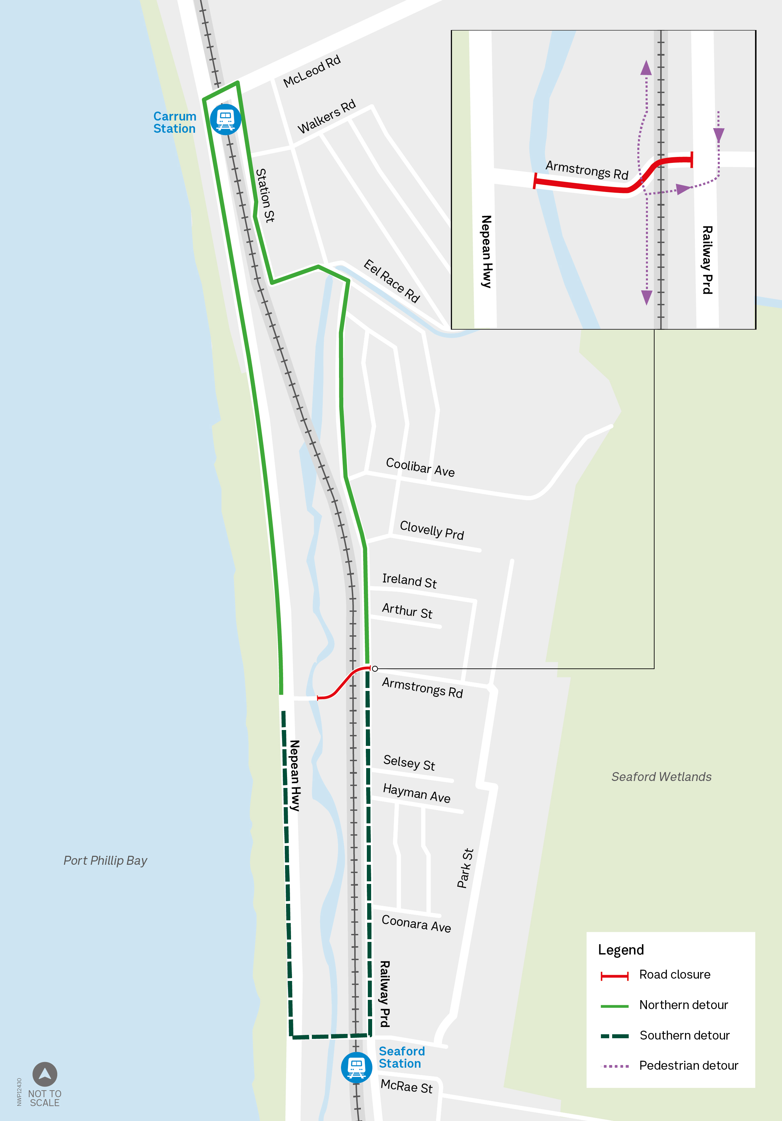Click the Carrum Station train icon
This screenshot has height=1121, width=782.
click(225, 119)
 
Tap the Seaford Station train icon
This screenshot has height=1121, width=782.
click(356, 1068)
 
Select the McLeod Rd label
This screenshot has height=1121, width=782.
click(312, 71)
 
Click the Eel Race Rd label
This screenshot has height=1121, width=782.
click(391, 281)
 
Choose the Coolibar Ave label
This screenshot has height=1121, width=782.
click(420, 467)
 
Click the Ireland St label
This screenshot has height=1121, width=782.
click(409, 580)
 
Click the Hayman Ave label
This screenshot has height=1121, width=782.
click(416, 793)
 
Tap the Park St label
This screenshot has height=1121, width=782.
click(465, 868)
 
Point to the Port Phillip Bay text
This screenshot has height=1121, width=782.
click(105, 860)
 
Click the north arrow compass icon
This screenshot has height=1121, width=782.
click(45, 1074)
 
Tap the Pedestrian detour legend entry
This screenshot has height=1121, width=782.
click(688, 1065)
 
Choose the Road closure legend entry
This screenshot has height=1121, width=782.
click(675, 975)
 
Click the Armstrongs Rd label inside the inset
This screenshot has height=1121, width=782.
click(586, 170)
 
